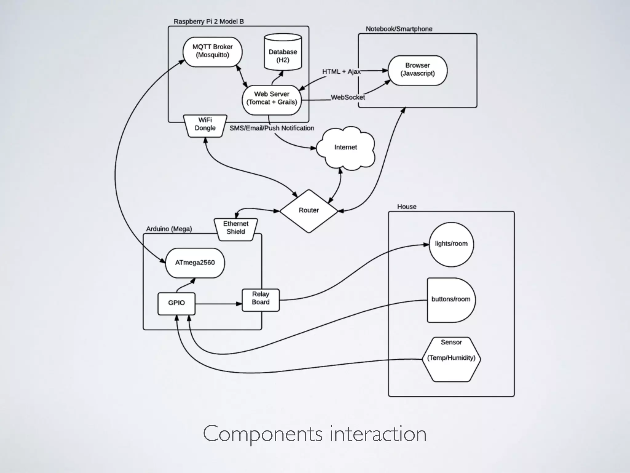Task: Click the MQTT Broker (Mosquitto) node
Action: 212,52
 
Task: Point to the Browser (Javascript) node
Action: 417,70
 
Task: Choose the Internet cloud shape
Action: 345,148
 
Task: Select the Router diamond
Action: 309,211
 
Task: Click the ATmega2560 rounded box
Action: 195,263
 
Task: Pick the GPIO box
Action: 176,303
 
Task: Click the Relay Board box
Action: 261,300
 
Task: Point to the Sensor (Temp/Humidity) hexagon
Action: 451,359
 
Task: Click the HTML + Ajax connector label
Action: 341,72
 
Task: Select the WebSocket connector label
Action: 348,98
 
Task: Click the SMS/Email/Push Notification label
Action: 272,128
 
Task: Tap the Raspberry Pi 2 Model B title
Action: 209,22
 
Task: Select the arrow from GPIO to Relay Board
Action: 218,304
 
